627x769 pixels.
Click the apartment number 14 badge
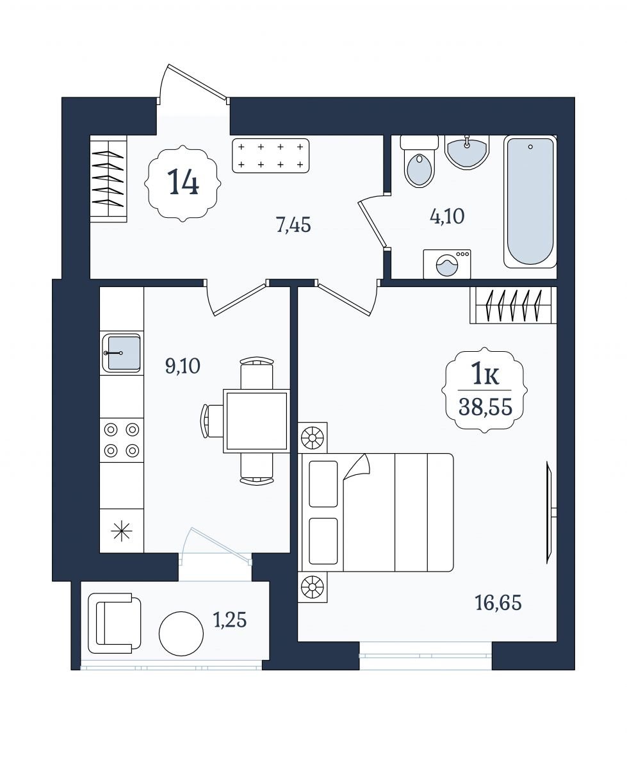[183, 183]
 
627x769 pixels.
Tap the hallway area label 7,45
[293, 224]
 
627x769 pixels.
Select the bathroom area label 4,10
[447, 216]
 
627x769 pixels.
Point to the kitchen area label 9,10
[183, 366]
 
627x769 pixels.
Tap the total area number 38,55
[485, 407]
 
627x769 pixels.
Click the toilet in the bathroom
[419, 161]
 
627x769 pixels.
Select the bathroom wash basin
[467, 152]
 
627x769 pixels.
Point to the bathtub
[530, 201]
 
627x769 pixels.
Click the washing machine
[447, 264]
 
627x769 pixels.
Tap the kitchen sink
[121, 352]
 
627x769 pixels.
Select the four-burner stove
[122, 440]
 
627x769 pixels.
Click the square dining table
[256, 421]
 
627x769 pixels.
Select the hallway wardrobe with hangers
[108, 178]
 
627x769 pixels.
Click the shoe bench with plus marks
[270, 156]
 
